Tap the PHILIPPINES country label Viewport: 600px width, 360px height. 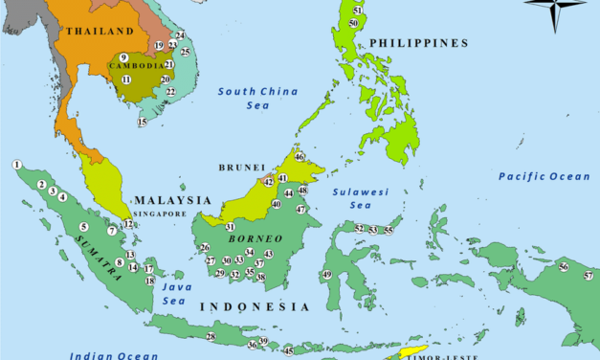pyautogui.click(x=418, y=43)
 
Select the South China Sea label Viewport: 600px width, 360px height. pyautogui.click(x=244, y=98)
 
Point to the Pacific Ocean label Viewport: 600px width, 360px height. pyautogui.click(x=544, y=176)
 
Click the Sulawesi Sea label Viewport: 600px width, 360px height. pyautogui.click(x=360, y=197)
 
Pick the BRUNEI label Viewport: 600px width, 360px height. pyautogui.click(x=242, y=168)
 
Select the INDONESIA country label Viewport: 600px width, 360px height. pyautogui.click(x=254, y=306)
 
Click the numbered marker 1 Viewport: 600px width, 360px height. pyautogui.click(x=17, y=165)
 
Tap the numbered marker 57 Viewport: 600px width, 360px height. pyautogui.click(x=588, y=276)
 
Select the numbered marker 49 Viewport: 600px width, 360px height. pyautogui.click(x=326, y=275)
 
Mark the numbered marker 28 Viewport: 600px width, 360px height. pyautogui.click(x=211, y=336)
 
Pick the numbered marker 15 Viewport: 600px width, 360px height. pyautogui.click(x=143, y=123)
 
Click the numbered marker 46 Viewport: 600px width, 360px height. pyautogui.click(x=300, y=157)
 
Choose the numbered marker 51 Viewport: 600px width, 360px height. pyautogui.click(x=357, y=10)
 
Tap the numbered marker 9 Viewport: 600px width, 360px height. pyautogui.click(x=123, y=57)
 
